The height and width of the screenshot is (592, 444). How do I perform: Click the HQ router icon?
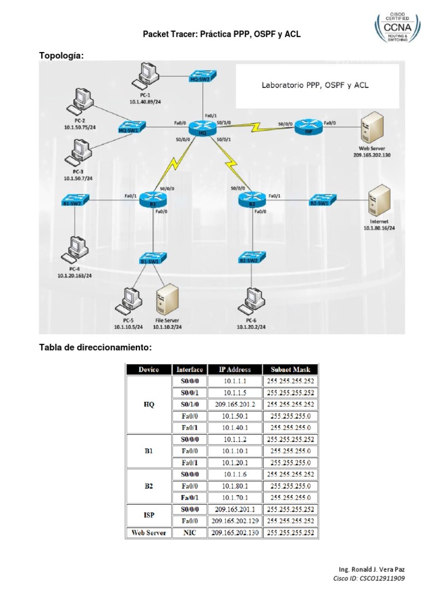202,127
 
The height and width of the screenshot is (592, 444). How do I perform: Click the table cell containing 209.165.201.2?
235,405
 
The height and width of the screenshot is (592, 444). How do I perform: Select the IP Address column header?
235,369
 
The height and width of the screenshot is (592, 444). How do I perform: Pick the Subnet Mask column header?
290,369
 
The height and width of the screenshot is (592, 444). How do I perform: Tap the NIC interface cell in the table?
189,532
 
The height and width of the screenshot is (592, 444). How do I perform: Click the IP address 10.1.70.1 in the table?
235,497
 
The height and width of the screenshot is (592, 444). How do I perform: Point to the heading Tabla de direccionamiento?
95,347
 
